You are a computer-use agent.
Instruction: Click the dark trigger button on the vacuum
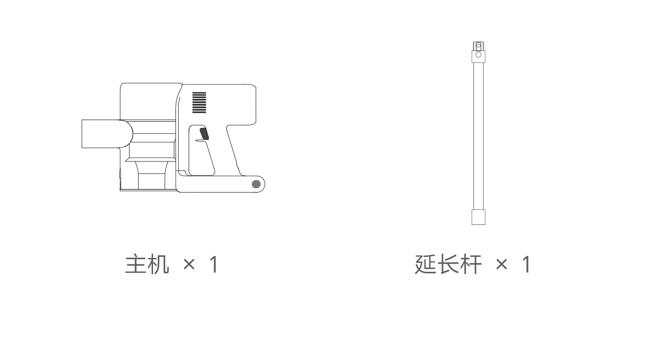click(204, 133)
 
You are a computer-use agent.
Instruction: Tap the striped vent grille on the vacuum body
click(200, 102)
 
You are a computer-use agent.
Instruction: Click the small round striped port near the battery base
click(257, 184)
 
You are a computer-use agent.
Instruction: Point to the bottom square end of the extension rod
click(478, 217)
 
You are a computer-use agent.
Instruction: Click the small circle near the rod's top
click(478, 55)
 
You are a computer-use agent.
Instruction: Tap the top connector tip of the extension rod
click(478, 46)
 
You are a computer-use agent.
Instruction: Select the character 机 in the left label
click(158, 264)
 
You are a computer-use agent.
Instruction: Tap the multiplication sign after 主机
click(189, 265)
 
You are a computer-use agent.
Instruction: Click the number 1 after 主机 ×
click(214, 264)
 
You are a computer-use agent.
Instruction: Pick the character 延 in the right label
click(425, 264)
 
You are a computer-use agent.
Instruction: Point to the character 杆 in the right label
click(470, 264)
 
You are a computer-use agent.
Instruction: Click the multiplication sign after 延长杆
click(502, 265)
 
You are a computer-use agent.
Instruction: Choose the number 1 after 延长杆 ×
click(526, 264)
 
